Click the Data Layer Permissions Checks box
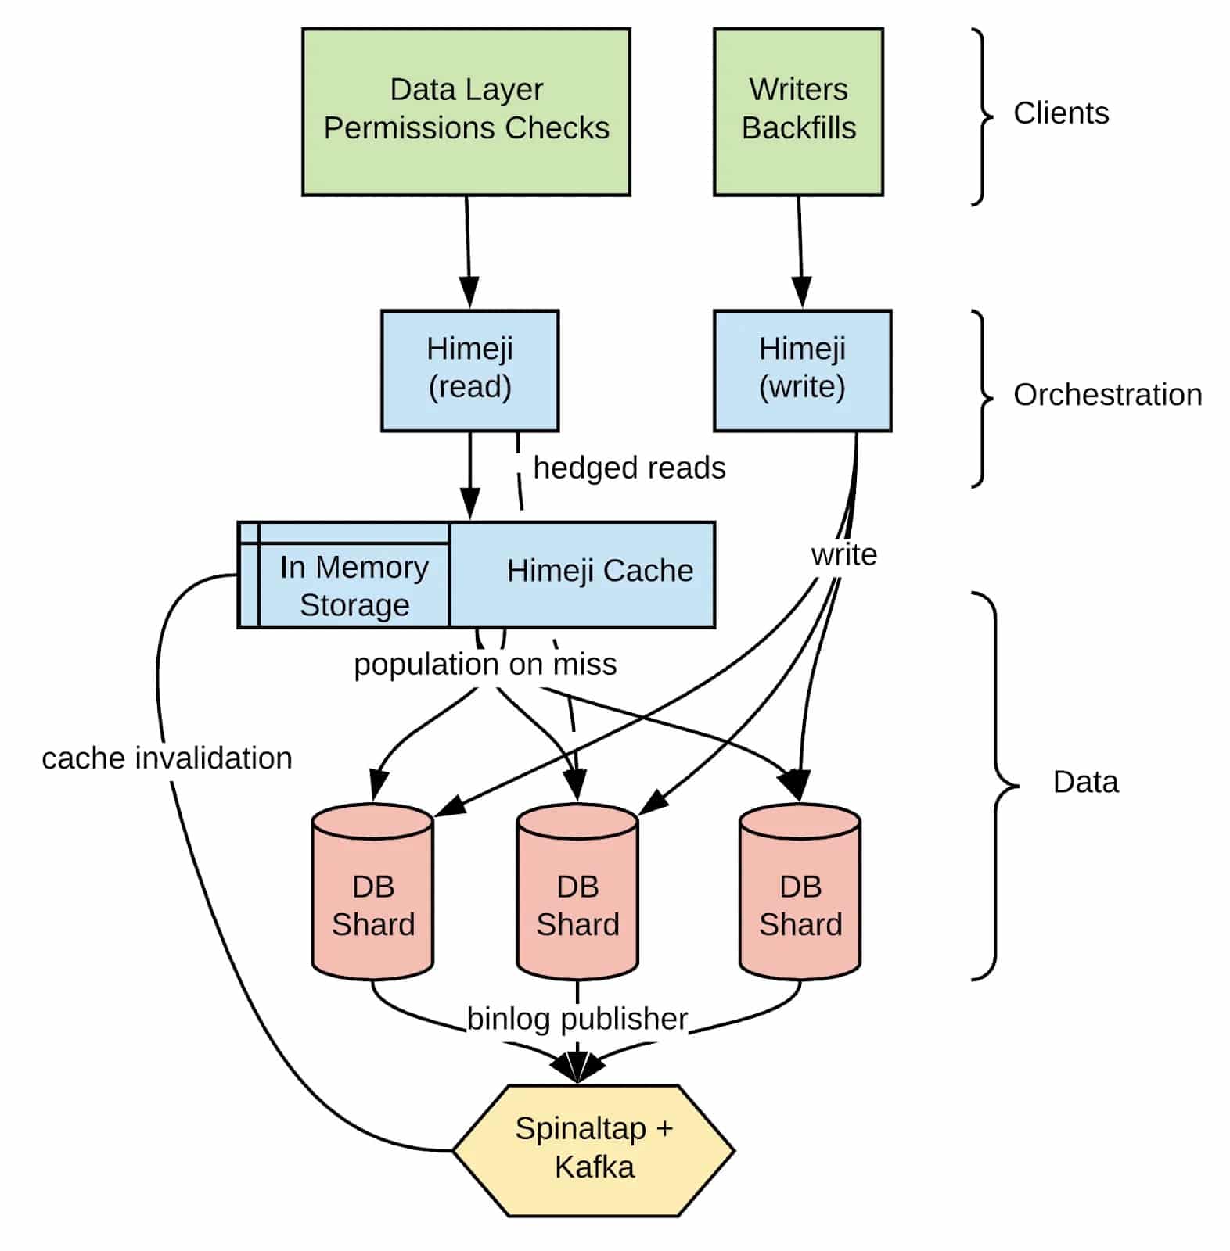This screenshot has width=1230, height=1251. [x=466, y=112]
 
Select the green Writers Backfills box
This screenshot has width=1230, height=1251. [x=798, y=112]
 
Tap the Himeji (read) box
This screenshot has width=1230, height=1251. [x=469, y=370]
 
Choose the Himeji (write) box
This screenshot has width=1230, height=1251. [x=802, y=370]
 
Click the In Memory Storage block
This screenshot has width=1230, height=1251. [x=354, y=585]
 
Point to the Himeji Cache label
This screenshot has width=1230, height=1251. [x=599, y=571]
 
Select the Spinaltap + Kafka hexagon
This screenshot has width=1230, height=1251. [x=594, y=1149]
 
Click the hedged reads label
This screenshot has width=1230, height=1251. [x=629, y=468]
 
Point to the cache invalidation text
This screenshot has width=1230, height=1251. [x=167, y=758]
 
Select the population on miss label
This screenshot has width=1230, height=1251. [x=485, y=665]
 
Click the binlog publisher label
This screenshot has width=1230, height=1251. [x=577, y=1018]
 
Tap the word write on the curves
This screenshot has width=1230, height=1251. [x=843, y=554]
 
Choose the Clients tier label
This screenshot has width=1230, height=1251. [x=1060, y=113]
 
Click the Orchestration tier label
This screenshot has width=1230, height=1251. [x=1107, y=395]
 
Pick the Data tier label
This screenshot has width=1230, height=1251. [x=1085, y=782]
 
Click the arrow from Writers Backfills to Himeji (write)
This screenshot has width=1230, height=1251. [x=800, y=250]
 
